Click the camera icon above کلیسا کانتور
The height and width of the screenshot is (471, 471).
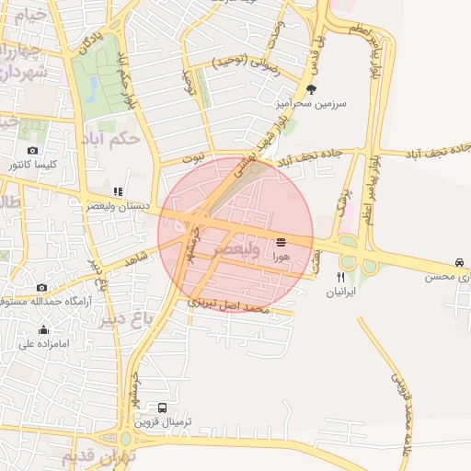(33, 150)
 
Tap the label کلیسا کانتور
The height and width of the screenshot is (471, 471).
(33, 165)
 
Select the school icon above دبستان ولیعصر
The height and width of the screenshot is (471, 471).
(117, 190)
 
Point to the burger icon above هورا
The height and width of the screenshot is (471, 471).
(281, 243)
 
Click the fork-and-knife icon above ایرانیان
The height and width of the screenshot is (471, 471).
(340, 276)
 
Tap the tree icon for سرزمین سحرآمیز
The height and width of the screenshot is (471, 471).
(313, 90)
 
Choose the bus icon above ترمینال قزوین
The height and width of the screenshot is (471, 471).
(163, 408)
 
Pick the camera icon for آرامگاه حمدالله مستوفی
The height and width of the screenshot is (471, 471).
(41, 287)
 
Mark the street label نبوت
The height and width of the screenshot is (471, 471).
(195, 159)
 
